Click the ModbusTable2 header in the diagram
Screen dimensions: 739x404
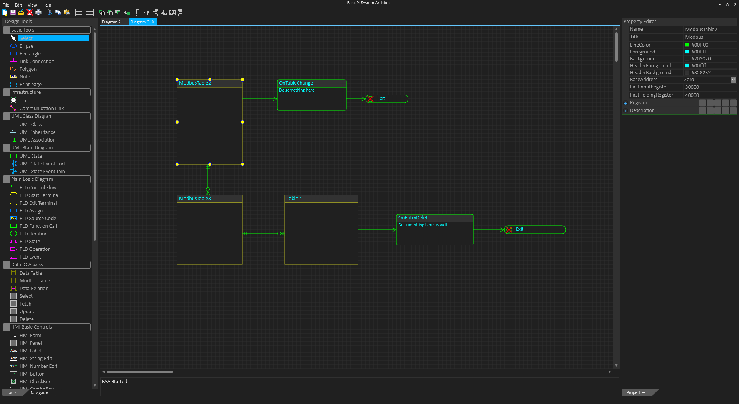pos(210,83)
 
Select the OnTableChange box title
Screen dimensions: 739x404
pos(296,83)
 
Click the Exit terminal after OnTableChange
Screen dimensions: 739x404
pos(387,99)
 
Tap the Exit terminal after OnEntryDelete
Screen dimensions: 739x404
pos(535,230)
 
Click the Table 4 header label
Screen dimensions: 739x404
pos(294,199)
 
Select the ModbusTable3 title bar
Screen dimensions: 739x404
pos(210,199)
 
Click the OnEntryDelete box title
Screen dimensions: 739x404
pos(414,218)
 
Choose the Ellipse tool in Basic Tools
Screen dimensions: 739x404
pos(27,46)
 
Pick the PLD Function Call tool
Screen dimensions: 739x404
pos(38,226)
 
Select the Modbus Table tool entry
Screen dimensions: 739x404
pos(35,281)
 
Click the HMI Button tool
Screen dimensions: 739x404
pos(32,374)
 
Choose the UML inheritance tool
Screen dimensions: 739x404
pos(37,132)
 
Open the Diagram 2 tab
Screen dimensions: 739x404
pos(112,22)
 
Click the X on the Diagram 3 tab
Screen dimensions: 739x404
pos(153,22)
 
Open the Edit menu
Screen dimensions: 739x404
pos(18,5)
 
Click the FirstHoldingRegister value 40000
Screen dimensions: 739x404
pos(692,95)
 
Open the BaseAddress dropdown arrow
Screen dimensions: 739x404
pos(733,80)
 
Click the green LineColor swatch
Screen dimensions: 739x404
pos(687,45)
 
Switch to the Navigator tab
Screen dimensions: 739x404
pos(39,393)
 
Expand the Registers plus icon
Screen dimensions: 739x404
pos(625,103)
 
